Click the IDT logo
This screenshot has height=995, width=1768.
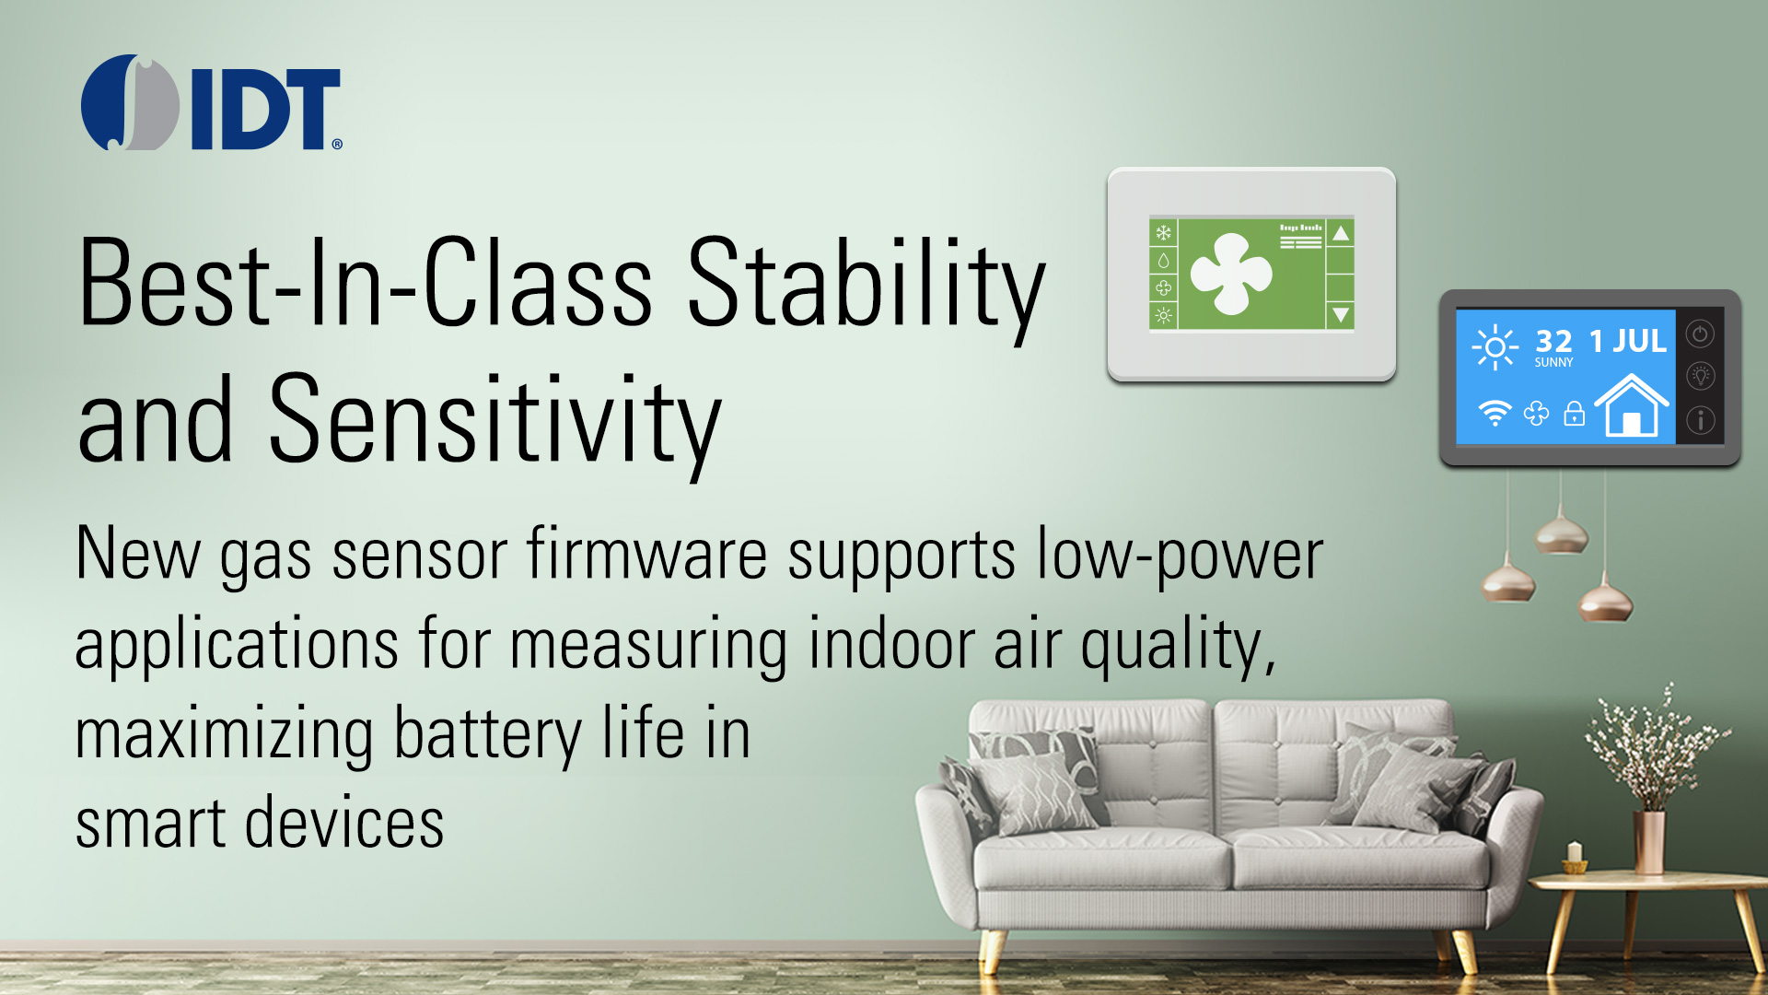(212, 102)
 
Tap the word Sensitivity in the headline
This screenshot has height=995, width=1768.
(494, 421)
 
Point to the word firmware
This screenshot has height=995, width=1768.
(647, 554)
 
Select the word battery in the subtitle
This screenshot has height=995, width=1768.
(488, 735)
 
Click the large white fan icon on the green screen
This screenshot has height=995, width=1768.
(1231, 273)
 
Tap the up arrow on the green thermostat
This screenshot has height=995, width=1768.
(1341, 233)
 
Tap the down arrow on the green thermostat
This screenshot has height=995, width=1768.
(1341, 315)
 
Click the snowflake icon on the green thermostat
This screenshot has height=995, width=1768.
(1163, 233)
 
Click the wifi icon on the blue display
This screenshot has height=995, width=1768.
(1495, 413)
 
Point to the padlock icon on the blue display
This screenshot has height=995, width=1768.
(1575, 414)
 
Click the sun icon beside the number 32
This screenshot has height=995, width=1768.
(1495, 347)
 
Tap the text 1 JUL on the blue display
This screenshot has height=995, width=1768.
(1628, 341)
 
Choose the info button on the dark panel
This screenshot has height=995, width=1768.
(1700, 420)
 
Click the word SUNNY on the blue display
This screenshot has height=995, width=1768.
(1553, 363)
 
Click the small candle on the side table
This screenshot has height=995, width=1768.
(1575, 857)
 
